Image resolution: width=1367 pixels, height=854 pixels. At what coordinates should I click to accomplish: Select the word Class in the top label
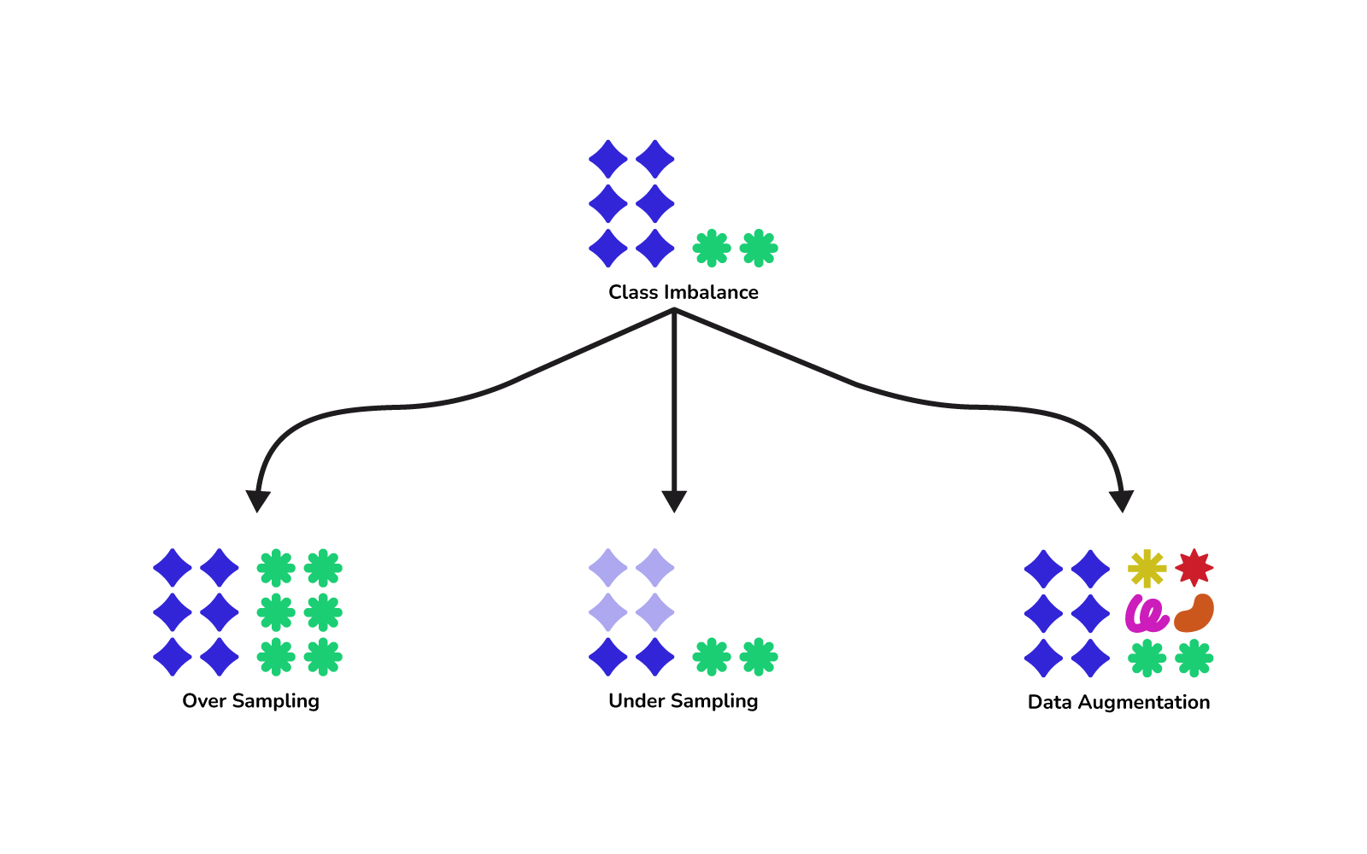pyautogui.click(x=633, y=292)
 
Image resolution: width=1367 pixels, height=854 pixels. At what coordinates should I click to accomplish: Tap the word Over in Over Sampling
pyautogui.click(x=203, y=701)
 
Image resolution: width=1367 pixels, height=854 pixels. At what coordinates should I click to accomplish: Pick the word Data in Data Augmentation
pyautogui.click(x=1049, y=703)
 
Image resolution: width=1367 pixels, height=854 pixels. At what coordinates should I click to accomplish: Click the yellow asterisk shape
pyautogui.click(x=1147, y=569)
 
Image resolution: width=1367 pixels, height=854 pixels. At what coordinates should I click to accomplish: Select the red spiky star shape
pyautogui.click(x=1194, y=568)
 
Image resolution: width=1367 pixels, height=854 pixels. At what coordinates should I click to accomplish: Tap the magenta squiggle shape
pyautogui.click(x=1147, y=613)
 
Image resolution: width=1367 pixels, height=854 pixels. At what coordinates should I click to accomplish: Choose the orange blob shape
pyautogui.click(x=1194, y=613)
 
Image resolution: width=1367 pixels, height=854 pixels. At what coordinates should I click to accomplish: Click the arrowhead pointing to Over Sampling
pyautogui.click(x=257, y=500)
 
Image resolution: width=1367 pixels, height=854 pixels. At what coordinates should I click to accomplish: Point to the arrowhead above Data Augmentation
pyautogui.click(x=1121, y=500)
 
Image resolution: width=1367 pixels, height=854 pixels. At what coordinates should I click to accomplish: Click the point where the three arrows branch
pyautogui.click(x=674, y=312)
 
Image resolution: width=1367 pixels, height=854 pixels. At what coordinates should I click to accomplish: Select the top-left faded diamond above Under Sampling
pyautogui.click(x=608, y=568)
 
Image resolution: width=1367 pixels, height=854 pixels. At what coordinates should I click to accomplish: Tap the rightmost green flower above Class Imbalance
pyautogui.click(x=759, y=249)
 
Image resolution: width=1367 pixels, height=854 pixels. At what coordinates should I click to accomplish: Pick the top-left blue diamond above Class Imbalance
pyautogui.click(x=608, y=160)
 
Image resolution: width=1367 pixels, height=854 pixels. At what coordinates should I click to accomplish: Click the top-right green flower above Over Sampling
pyautogui.click(x=323, y=568)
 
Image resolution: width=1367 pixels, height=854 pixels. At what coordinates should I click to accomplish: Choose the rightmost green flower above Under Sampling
pyautogui.click(x=759, y=658)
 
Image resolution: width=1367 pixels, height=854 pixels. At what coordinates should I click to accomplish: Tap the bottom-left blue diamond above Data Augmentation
pyautogui.click(x=1044, y=658)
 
